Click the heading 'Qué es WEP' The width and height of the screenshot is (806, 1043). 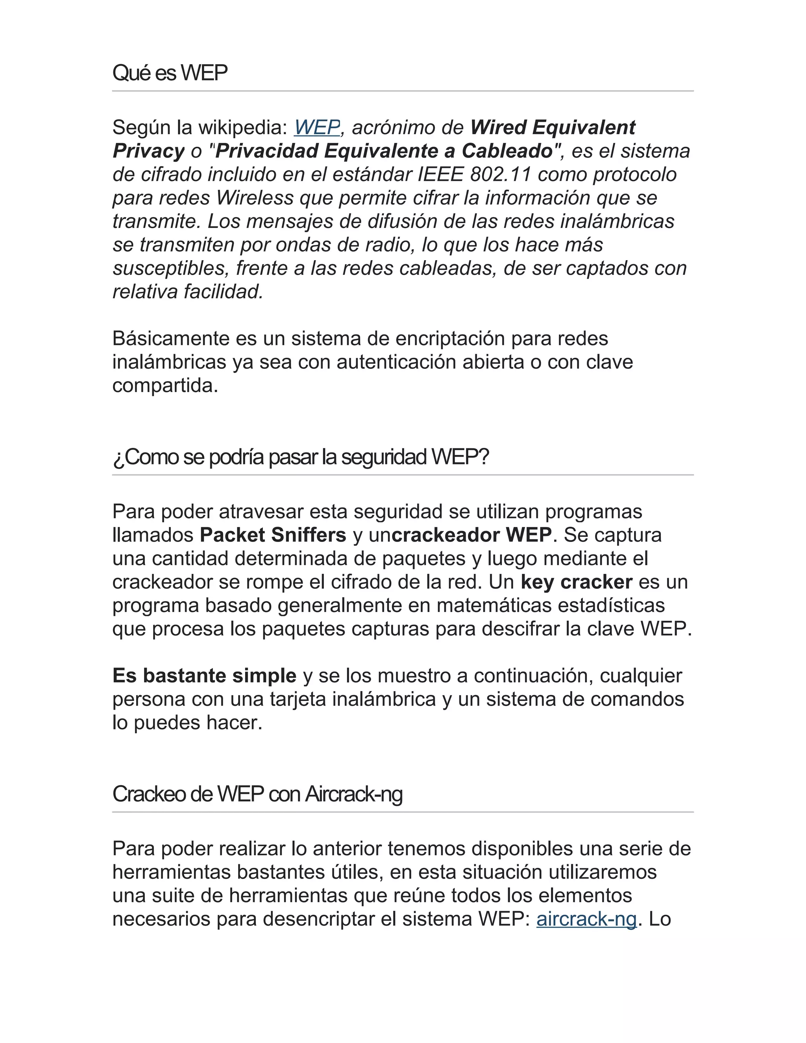pos(170,73)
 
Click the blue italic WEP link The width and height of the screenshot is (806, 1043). pos(316,128)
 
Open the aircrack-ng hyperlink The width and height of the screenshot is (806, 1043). pos(586,919)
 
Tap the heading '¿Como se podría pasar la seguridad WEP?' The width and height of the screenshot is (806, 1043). pos(301,457)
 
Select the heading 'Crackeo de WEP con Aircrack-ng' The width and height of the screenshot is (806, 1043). pos(257,794)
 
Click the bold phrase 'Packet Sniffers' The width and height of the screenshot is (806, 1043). pos(273,535)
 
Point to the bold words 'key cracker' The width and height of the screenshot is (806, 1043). pos(576,582)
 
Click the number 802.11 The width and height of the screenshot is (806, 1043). pos(501,174)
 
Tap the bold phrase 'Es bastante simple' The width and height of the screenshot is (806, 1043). pos(204,676)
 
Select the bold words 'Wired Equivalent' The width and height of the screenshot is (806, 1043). pos(553,128)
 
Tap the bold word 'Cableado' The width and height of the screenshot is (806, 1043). pos(507,151)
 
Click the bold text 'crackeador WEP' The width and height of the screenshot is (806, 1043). pos(472,535)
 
